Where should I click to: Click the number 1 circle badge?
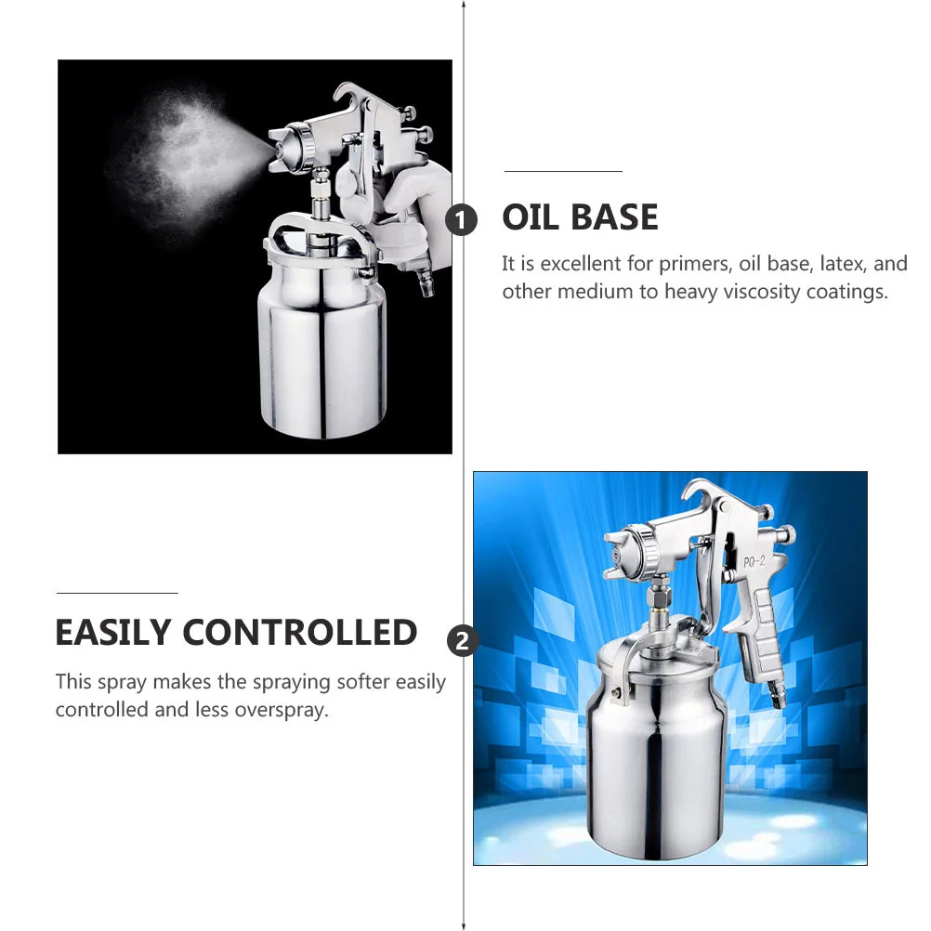(x=462, y=220)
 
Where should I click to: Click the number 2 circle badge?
(x=462, y=640)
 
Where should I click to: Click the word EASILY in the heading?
(x=113, y=633)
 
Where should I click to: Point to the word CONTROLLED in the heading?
(x=300, y=633)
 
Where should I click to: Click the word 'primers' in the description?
(x=693, y=264)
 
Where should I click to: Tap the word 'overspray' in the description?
(x=282, y=710)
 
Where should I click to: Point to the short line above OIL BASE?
(x=563, y=172)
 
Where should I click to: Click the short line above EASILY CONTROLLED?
(x=117, y=593)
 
